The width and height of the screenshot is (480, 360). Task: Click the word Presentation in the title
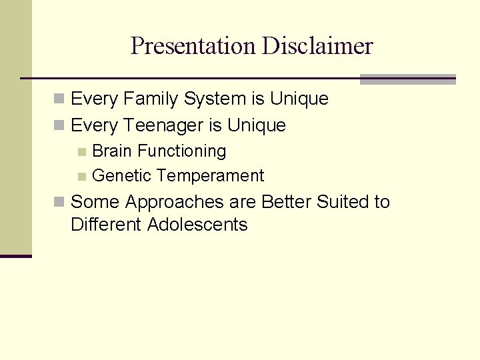click(x=193, y=46)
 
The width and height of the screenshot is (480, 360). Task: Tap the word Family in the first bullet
click(x=150, y=99)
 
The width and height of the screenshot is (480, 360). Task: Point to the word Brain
click(x=112, y=151)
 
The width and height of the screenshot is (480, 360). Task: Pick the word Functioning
click(x=181, y=151)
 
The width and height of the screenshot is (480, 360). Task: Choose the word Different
click(x=106, y=225)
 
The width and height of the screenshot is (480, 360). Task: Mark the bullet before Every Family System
click(x=59, y=99)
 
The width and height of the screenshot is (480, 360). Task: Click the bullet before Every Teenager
click(x=59, y=125)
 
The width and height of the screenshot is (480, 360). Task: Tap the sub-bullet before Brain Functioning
click(x=81, y=152)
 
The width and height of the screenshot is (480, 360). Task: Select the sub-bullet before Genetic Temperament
click(x=81, y=177)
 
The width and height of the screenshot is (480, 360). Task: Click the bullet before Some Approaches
click(x=59, y=202)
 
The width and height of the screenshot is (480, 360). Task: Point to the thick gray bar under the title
click(x=407, y=79)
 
